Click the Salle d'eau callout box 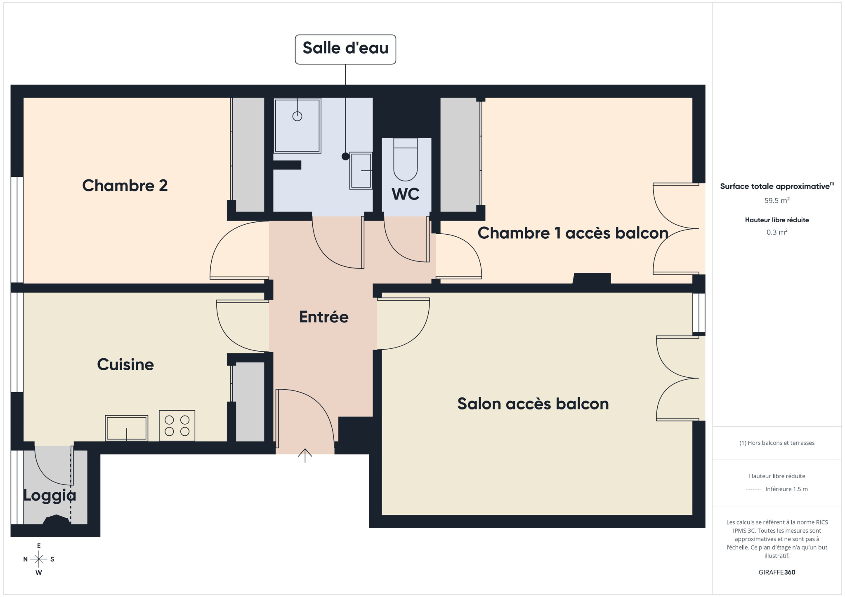click(x=345, y=49)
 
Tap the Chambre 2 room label click(x=125, y=186)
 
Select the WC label click(x=406, y=194)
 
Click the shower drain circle click(x=297, y=116)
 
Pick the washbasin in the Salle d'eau click(x=361, y=171)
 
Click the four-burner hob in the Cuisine click(x=177, y=425)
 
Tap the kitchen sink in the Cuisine click(x=126, y=428)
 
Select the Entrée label click(x=324, y=317)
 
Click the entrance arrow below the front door click(x=305, y=455)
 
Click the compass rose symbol click(x=39, y=559)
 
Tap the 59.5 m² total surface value click(x=777, y=200)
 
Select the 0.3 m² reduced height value click(x=777, y=232)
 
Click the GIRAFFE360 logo click(x=777, y=572)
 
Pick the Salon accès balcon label click(x=533, y=404)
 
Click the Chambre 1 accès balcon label click(x=573, y=233)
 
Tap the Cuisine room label click(x=125, y=364)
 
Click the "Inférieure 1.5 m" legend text click(x=786, y=489)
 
